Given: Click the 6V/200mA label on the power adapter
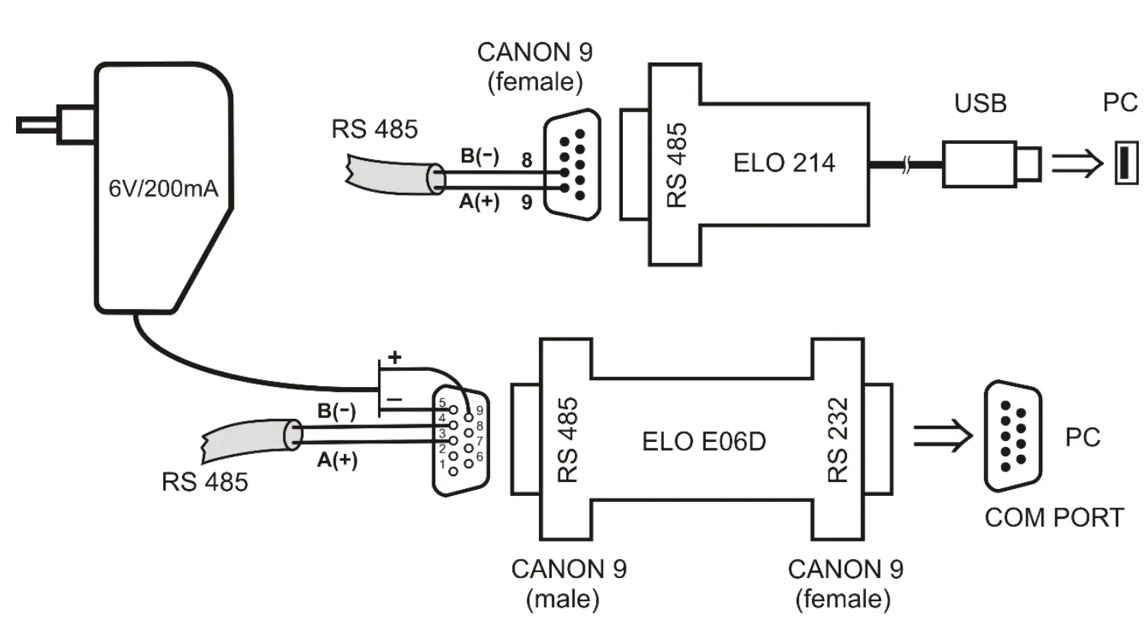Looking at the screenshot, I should point(163,187).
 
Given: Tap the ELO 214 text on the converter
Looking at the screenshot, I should point(784,163).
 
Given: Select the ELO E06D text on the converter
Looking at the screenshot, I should point(704,441).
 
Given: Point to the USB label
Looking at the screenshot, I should point(980,103).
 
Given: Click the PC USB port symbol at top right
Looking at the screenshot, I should point(1126,163).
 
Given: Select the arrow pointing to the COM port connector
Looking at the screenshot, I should point(942,436).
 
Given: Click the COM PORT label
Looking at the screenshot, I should point(1053,518).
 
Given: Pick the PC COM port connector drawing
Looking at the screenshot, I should point(1012,436).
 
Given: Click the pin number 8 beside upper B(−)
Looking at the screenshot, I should point(526,161).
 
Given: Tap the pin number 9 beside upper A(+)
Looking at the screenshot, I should point(526,203).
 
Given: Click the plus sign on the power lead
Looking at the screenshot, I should point(394,356).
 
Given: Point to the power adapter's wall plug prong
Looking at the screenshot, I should point(38,125).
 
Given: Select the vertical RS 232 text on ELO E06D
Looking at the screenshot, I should point(838,440).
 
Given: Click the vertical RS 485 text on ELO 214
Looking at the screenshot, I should point(677,165).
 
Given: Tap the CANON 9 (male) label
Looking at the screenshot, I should point(568,583).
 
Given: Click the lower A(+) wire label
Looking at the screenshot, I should point(337,460).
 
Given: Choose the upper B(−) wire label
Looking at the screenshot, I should point(479,156).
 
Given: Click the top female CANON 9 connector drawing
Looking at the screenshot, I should point(572,165).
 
